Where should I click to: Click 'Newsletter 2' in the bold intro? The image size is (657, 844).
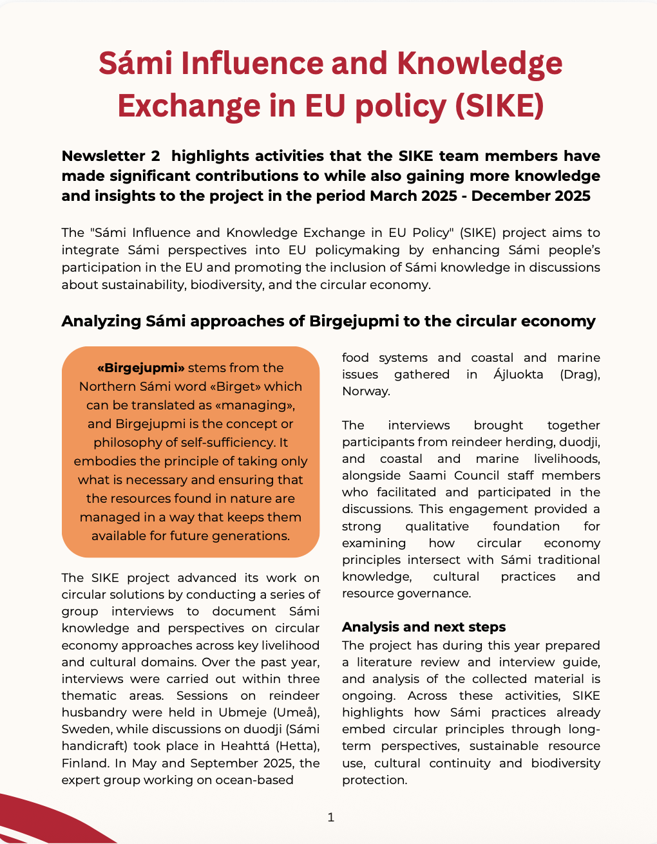pos(110,156)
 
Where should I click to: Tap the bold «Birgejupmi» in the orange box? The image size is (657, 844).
pos(141,368)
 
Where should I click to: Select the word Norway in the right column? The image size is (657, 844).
pos(365,391)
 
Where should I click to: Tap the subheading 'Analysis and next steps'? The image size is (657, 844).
pos(424,627)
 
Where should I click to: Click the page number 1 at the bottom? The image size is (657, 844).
pos(331,818)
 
